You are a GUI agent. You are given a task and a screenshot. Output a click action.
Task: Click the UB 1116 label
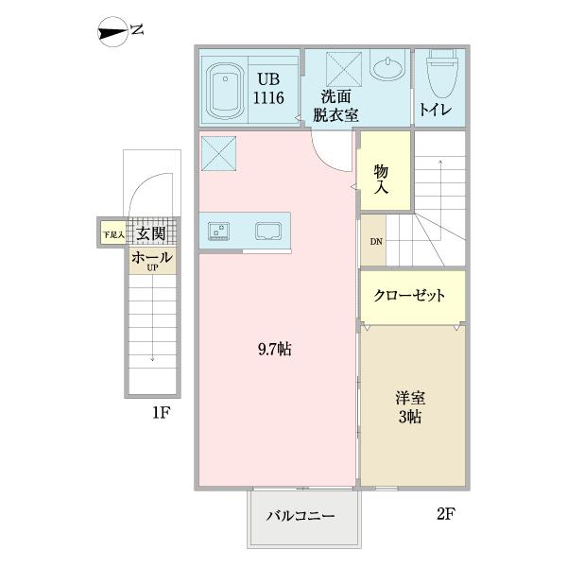267,89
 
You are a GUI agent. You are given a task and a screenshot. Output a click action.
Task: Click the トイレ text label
436,112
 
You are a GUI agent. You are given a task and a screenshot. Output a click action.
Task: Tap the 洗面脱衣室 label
336,104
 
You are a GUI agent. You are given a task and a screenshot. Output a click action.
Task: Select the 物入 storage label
383,179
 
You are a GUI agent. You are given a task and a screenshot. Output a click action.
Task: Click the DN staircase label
376,242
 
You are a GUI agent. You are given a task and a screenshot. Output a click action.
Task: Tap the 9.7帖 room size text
275,350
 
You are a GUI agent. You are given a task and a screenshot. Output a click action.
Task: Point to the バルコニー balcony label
304,517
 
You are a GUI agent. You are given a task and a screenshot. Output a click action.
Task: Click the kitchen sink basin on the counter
266,230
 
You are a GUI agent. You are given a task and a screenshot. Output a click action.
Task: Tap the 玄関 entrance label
151,233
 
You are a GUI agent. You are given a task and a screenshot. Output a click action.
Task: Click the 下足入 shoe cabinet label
114,233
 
